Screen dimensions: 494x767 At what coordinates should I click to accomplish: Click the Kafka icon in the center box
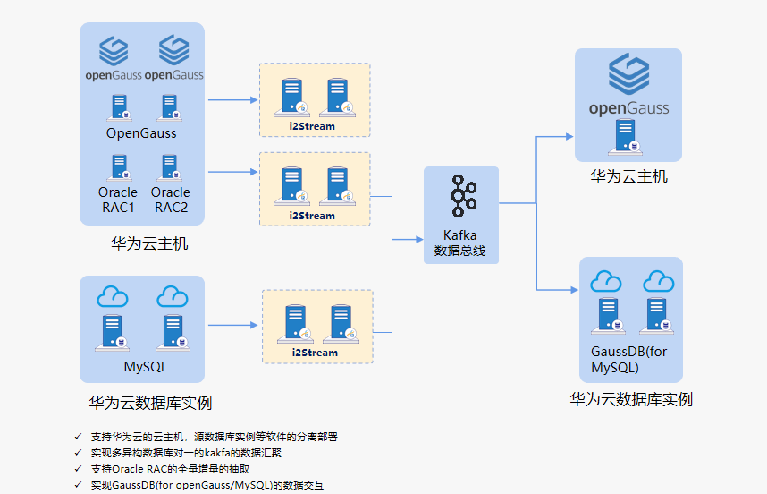point(460,198)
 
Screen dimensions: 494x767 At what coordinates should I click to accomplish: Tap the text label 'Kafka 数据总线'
point(460,243)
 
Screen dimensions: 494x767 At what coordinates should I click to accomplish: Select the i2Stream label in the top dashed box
point(313,126)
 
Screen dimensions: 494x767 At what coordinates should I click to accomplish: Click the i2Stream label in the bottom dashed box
point(315,353)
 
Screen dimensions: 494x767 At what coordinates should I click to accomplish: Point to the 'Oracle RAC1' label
point(118,200)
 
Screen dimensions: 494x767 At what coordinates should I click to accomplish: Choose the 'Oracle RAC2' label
point(170,200)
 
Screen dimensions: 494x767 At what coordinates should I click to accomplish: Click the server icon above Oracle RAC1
point(118,167)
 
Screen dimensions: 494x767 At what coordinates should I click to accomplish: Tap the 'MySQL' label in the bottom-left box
point(145,367)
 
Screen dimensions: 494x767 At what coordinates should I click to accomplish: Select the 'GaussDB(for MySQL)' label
point(628,360)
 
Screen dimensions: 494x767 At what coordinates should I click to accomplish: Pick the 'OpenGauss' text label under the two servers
point(141,133)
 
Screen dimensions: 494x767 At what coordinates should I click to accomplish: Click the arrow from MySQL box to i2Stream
point(232,323)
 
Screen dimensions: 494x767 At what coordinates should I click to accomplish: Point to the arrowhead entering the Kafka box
point(418,239)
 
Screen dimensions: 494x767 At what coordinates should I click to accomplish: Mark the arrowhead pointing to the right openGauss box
point(569,137)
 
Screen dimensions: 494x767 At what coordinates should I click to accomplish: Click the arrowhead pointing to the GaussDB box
point(573,290)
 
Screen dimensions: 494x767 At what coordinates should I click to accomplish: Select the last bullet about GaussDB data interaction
point(206,485)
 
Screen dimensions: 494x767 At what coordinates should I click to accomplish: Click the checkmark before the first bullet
point(79,437)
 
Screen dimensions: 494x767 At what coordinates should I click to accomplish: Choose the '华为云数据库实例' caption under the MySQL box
point(150,403)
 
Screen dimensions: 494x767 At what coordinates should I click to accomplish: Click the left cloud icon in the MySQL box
point(113,296)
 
